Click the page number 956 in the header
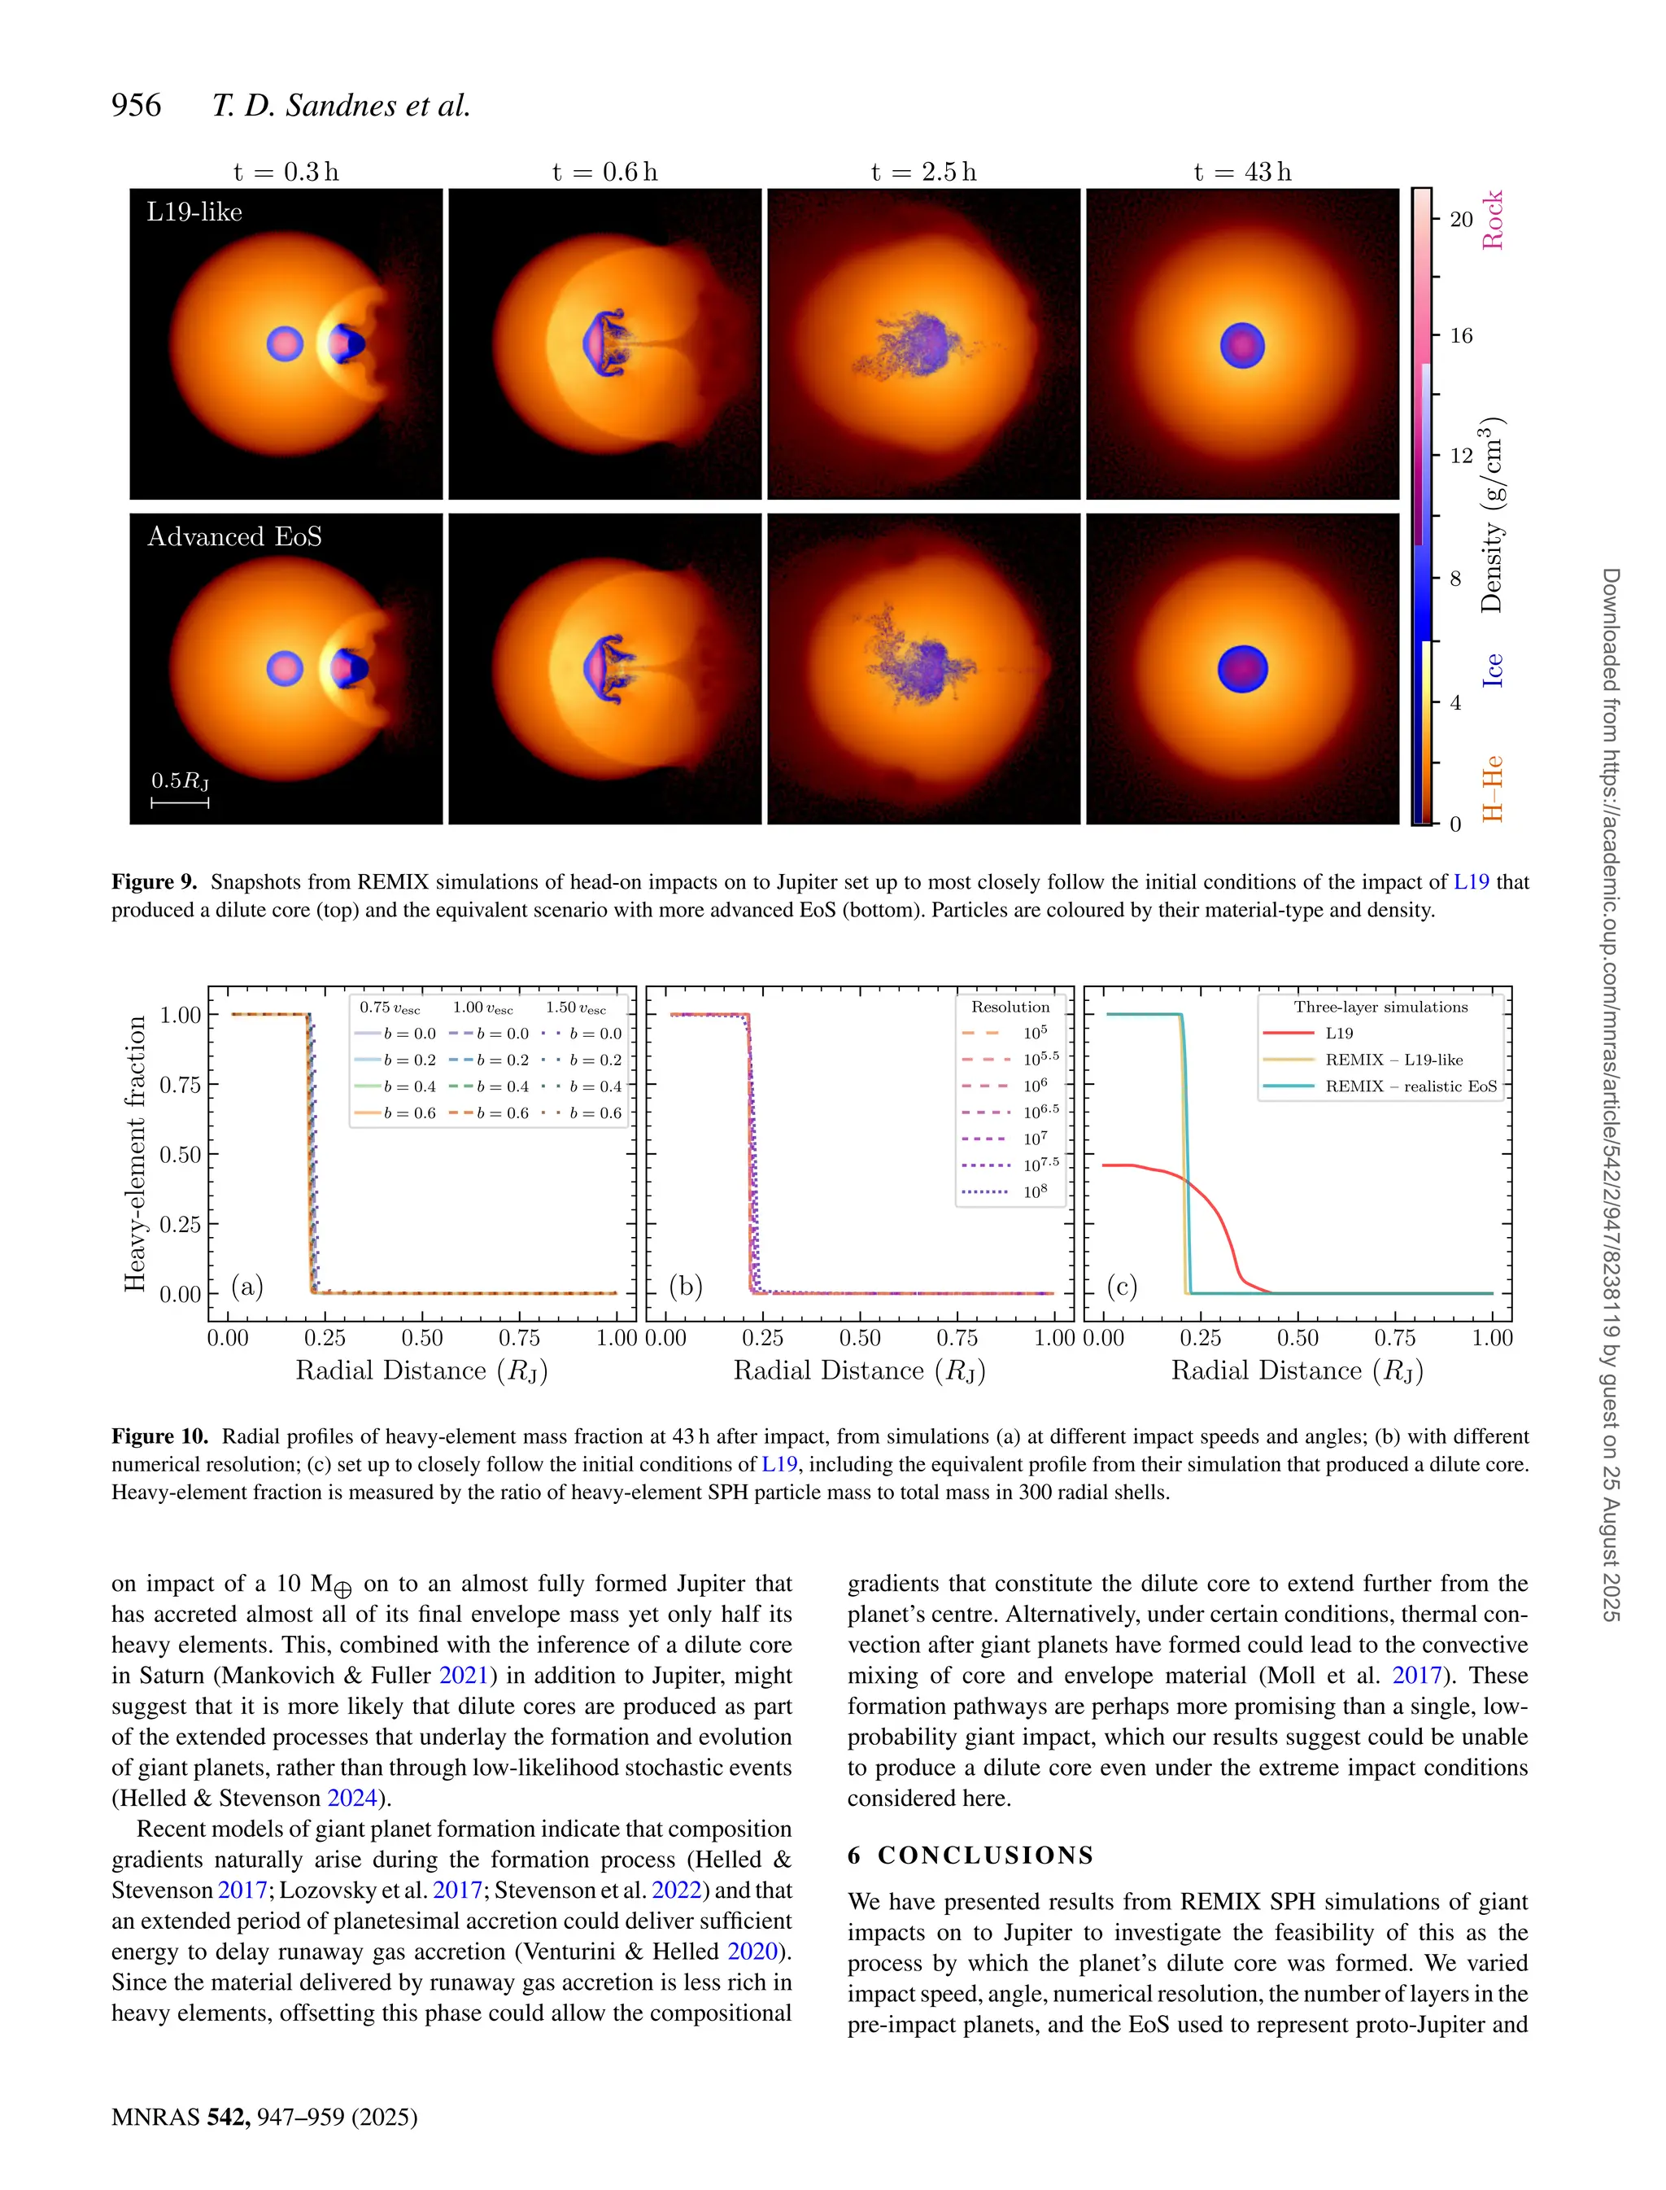[136, 105]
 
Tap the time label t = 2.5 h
[923, 173]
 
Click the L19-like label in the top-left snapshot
[194, 212]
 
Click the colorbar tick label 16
[1461, 335]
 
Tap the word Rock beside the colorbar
[1493, 221]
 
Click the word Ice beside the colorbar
[1493, 670]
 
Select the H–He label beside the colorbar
[1493, 789]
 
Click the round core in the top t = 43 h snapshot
[1241, 346]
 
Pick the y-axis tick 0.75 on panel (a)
[180, 1085]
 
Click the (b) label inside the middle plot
[685, 1286]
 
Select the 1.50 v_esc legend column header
[575, 1008]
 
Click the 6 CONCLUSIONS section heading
[970, 1855]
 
